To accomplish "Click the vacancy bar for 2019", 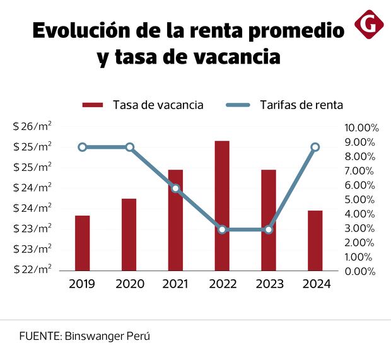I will click(x=83, y=243).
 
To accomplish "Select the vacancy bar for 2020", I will click(x=129, y=235).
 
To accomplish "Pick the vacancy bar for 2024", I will click(x=315, y=240).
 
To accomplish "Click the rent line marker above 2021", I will click(x=175, y=189).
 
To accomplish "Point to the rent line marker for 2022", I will click(x=222, y=229).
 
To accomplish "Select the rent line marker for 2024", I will click(x=315, y=147).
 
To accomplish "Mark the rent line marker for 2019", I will click(x=83, y=147).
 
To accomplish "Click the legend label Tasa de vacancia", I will click(x=158, y=105).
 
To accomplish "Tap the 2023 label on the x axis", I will click(x=269, y=284).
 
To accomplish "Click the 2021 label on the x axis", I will click(x=175, y=284).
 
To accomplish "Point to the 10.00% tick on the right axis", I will click(x=361, y=127).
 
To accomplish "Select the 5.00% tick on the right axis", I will click(x=361, y=199).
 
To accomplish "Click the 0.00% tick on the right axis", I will click(x=361, y=271).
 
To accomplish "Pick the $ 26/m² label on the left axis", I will click(x=32, y=126).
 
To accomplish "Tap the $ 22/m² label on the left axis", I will click(x=32, y=269).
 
